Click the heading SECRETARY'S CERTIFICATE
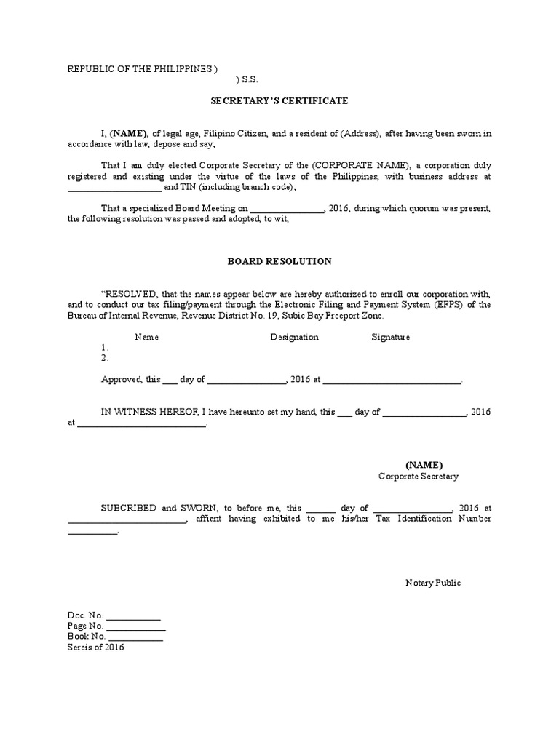(x=279, y=101)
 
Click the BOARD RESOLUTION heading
(x=279, y=260)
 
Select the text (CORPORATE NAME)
(x=351, y=165)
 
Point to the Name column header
(x=147, y=337)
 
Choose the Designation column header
(x=294, y=337)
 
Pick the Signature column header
(x=391, y=337)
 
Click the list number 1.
(x=104, y=348)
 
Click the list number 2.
(x=104, y=358)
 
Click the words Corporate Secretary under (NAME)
(x=419, y=477)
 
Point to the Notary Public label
(x=433, y=583)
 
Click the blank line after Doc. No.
(x=134, y=617)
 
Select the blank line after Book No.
(x=135, y=638)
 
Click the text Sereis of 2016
(x=95, y=648)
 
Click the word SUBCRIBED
(x=128, y=508)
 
